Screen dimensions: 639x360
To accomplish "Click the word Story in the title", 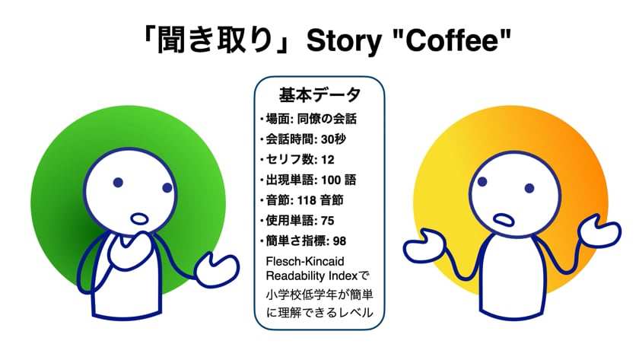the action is pyautogui.click(x=344, y=42).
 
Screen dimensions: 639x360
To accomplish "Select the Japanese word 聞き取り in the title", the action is pyautogui.click(x=215, y=40).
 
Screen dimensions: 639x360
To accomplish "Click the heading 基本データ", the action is pyautogui.click(x=319, y=94).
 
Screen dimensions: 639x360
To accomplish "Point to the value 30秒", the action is pyautogui.click(x=333, y=139).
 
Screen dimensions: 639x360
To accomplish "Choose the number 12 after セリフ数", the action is pyautogui.click(x=328, y=160).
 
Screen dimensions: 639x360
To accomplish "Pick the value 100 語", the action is pyautogui.click(x=339, y=180).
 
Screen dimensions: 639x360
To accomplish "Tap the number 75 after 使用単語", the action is pyautogui.click(x=328, y=221).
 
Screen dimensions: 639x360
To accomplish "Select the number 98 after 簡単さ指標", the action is pyautogui.click(x=339, y=241).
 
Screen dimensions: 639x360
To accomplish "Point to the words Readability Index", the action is pyautogui.click(x=312, y=276).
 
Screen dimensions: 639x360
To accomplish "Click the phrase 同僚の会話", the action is pyautogui.click(x=327, y=119).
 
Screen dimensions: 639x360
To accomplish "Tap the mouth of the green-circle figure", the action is pyautogui.click(x=139, y=218).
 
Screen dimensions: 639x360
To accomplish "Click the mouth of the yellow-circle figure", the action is pyautogui.click(x=504, y=220).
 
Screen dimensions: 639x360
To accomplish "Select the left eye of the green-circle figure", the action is pyautogui.click(x=118, y=182).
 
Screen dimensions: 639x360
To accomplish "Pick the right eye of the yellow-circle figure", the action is pyautogui.click(x=529, y=188).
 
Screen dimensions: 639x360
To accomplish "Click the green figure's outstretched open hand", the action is pyautogui.click(x=216, y=269).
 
